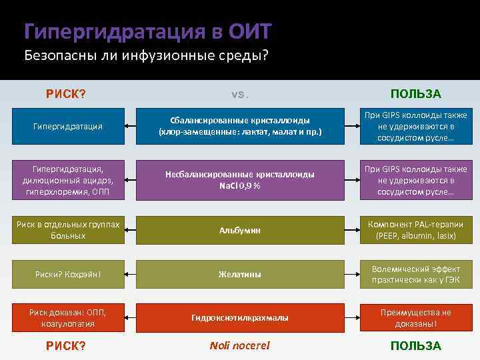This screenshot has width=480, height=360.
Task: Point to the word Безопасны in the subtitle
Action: [57, 55]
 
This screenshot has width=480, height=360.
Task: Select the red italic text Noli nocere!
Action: [239, 345]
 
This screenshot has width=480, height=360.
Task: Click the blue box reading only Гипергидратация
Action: [69, 126]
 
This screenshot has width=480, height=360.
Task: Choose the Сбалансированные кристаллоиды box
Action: [239, 126]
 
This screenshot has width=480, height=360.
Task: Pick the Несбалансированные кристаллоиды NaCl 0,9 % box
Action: [239, 179]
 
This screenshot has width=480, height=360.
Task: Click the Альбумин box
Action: [239, 230]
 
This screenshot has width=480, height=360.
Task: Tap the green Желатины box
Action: [239, 274]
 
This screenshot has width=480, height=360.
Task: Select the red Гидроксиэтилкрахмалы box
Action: [239, 318]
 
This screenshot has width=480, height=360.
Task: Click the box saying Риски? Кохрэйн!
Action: [69, 274]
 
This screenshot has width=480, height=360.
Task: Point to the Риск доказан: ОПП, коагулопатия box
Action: [69, 318]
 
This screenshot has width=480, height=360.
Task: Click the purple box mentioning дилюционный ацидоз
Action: [69, 179]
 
